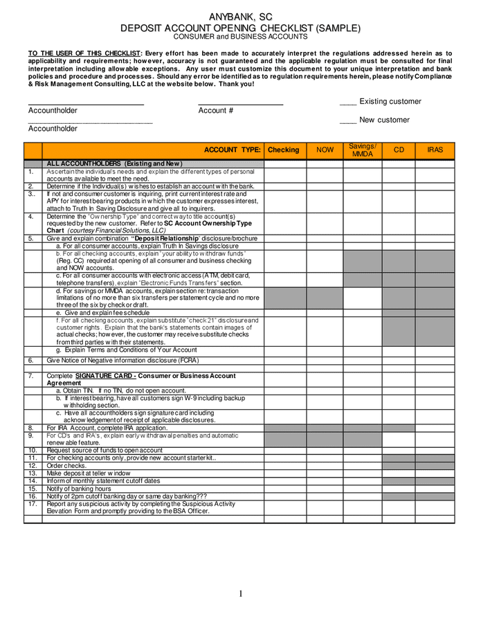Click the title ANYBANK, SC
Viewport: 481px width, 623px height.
[240, 17]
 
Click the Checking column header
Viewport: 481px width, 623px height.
[283, 150]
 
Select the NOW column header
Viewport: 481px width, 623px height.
[325, 150]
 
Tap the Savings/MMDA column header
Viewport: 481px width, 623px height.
[363, 150]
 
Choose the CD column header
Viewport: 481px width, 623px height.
[399, 150]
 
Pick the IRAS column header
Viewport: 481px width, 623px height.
[435, 150]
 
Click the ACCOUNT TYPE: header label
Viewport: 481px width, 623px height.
[233, 150]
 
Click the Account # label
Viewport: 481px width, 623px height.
[215, 111]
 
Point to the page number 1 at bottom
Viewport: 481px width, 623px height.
[241, 594]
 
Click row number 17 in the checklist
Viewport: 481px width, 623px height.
[32, 504]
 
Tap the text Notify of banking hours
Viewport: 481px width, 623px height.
[78, 489]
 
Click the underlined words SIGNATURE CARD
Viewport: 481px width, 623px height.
[105, 376]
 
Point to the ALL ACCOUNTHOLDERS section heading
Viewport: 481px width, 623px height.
[114, 163]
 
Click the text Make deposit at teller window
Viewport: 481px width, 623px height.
[88, 473]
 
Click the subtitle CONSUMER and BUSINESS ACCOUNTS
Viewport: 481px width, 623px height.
[240, 37]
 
